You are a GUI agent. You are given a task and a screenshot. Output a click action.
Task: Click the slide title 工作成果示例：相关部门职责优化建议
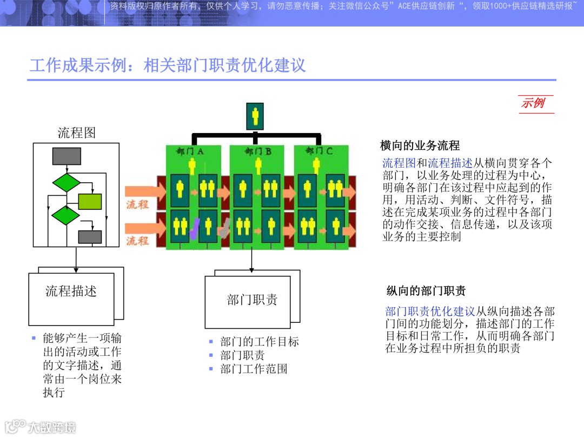point(168,66)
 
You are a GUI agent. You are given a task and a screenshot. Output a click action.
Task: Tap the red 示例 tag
point(533,103)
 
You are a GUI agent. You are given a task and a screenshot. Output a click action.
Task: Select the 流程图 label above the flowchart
point(76,133)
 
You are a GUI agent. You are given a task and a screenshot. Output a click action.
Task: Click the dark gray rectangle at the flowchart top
point(67,156)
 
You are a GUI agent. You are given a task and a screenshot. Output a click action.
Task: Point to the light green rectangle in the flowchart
point(90,201)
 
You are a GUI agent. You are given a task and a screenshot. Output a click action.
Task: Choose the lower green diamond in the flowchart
point(65,215)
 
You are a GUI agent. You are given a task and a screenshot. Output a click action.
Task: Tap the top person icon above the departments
point(255,116)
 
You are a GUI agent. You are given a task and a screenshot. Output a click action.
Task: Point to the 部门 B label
point(258,151)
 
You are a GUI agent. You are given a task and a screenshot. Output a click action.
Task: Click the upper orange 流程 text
point(137,204)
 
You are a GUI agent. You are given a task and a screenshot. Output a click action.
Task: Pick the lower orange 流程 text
point(137,241)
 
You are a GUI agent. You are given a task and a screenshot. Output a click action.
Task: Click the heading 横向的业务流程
point(420,145)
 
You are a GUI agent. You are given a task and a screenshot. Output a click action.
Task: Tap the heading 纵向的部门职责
point(426,291)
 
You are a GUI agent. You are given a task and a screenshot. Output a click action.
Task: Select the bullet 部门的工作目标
point(260,342)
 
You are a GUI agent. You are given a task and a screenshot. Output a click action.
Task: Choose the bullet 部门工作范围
point(254,369)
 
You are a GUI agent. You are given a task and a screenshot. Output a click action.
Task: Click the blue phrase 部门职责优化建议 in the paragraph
point(430,311)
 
